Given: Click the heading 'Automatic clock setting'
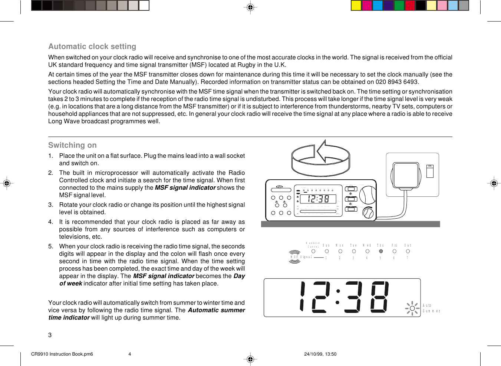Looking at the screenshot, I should coord(92,46).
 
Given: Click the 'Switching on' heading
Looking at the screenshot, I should coord(72,145).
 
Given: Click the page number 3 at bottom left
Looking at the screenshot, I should coord(50,335).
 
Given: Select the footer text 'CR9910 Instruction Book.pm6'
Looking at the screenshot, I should coord(62,354).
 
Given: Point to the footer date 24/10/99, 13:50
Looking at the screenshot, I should coord(320,354).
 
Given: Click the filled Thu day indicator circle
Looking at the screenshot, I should coord(381,251).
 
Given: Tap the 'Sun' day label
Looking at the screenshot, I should coord(326,245).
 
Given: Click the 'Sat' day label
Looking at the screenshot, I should coord(408,245).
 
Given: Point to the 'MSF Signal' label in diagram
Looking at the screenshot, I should coord(301,257).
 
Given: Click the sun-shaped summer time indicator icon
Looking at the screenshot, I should coord(412,308).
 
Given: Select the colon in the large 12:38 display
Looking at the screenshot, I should coord(337,297).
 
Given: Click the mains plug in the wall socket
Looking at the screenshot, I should coord(406,176).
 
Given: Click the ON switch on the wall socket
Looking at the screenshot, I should coord(430,171).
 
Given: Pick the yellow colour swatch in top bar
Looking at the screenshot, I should coord(356,5).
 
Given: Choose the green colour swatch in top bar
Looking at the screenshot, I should coord(399,5).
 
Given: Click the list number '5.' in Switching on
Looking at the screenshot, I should coord(51,246).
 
